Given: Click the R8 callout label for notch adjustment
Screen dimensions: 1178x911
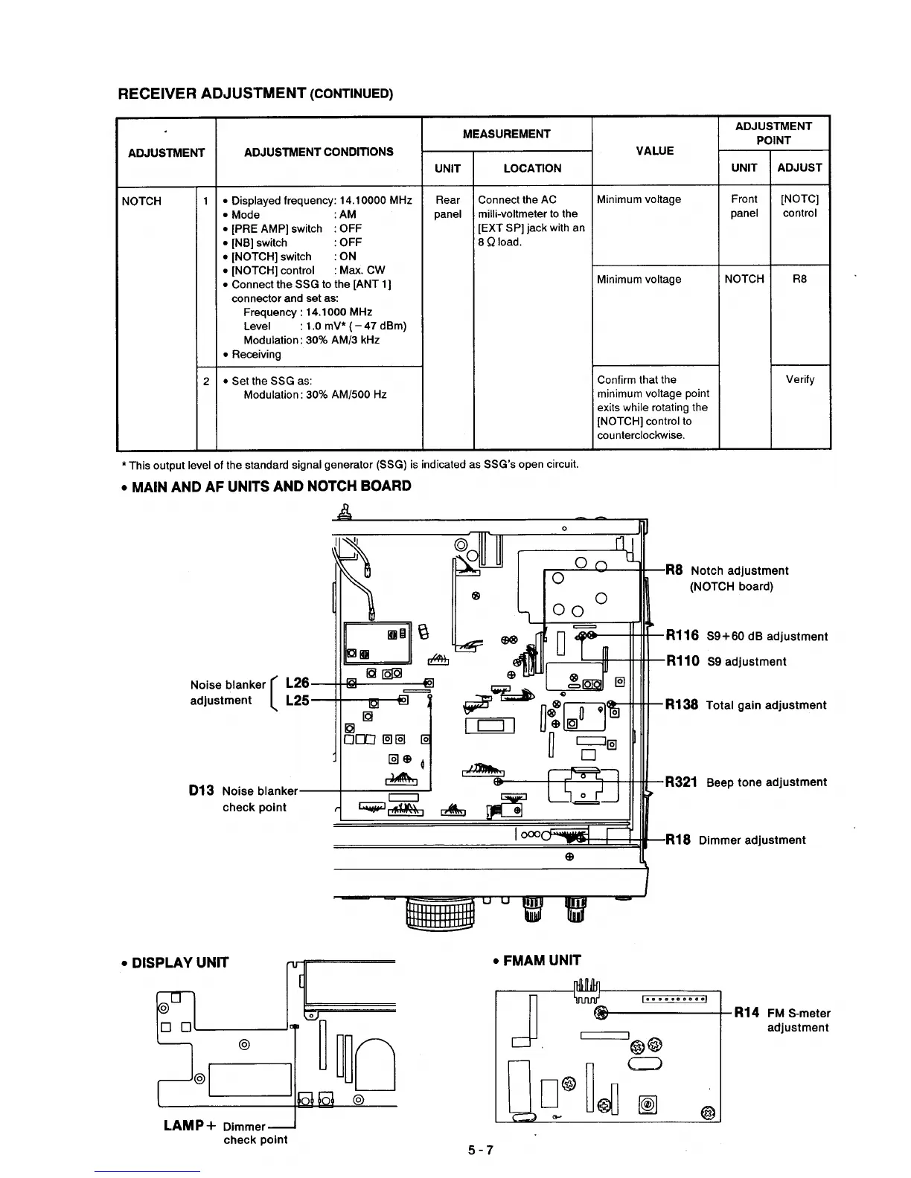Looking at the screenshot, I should [x=674, y=570].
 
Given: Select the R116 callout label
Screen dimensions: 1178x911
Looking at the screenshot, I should [x=682, y=636].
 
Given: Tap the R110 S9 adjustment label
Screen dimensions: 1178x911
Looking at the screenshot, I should [x=682, y=661].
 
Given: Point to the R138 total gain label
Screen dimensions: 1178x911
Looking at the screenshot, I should [x=682, y=705].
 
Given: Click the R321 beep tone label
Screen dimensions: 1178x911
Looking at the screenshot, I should [x=681, y=782].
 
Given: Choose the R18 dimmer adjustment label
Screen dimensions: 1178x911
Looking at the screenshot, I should [x=678, y=840].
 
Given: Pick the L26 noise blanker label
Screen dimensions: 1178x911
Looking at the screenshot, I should [x=297, y=683].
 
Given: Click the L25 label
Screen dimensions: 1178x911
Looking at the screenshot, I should [x=297, y=700].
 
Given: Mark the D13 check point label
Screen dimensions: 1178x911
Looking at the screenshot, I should [x=202, y=791].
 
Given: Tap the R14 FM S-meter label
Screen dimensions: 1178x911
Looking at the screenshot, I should [x=747, y=1012].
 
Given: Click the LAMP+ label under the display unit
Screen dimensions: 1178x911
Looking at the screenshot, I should [x=190, y=1125].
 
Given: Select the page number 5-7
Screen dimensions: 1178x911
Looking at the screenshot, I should [x=480, y=1150].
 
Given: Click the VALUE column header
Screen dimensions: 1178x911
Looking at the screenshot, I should [x=655, y=151].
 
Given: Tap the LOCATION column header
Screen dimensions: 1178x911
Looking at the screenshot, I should [x=532, y=168].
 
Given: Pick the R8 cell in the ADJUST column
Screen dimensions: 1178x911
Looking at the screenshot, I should [x=799, y=279].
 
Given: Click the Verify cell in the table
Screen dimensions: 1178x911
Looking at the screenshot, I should [x=800, y=379].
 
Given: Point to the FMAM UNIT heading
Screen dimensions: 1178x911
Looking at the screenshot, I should [x=536, y=960].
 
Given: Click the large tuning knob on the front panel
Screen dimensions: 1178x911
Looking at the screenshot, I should [x=440, y=914].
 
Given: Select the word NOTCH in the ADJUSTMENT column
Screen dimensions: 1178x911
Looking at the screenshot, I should [x=141, y=201].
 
